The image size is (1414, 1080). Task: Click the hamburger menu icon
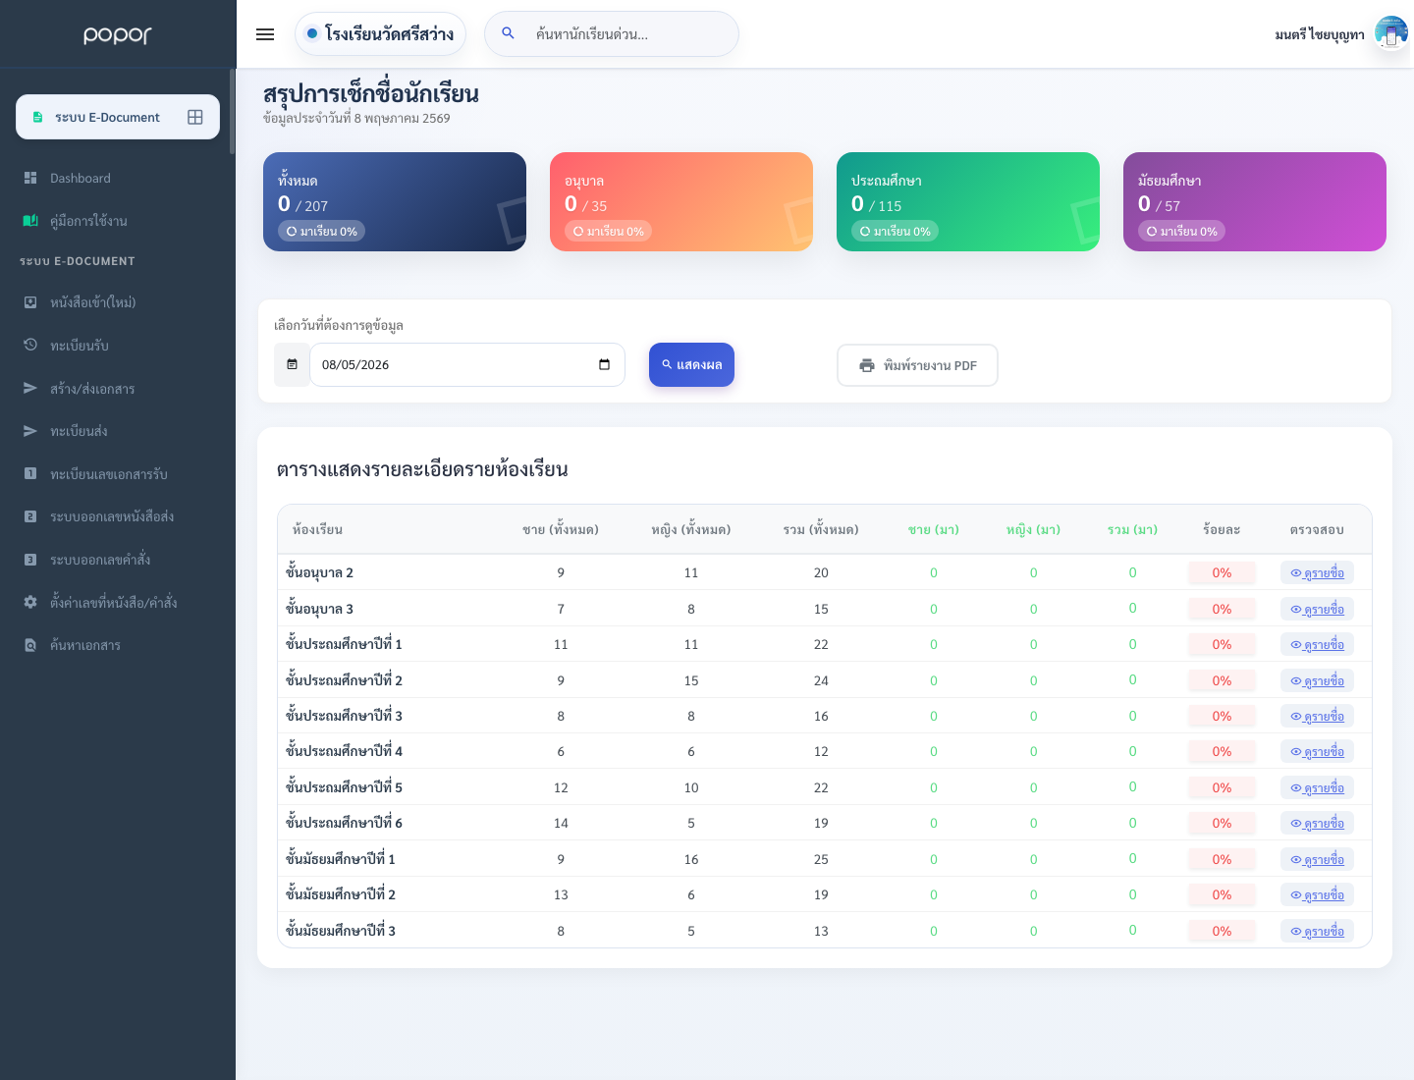click(265, 34)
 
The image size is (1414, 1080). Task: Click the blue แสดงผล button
click(691, 364)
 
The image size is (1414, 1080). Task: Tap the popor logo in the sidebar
click(117, 34)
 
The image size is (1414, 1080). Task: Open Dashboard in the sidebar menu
click(80, 178)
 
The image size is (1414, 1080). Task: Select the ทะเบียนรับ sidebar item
click(79, 346)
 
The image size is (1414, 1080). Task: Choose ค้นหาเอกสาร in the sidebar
click(84, 645)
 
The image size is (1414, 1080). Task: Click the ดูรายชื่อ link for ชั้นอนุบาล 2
click(1317, 572)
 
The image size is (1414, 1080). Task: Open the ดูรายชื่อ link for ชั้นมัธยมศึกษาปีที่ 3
click(1317, 931)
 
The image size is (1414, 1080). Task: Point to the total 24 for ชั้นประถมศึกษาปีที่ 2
click(820, 680)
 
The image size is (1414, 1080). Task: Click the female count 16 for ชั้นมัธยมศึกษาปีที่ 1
click(690, 859)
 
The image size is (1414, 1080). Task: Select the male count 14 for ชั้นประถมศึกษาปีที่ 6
click(561, 823)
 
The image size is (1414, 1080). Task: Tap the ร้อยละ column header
click(1221, 529)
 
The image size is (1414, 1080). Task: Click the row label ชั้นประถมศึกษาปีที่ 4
click(344, 751)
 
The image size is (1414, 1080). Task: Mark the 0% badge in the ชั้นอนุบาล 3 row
click(1222, 609)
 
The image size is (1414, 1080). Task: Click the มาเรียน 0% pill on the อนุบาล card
click(608, 231)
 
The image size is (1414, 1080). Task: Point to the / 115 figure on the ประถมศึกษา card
click(885, 206)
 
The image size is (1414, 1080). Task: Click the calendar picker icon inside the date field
click(604, 364)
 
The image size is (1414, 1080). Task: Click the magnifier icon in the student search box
click(508, 32)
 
